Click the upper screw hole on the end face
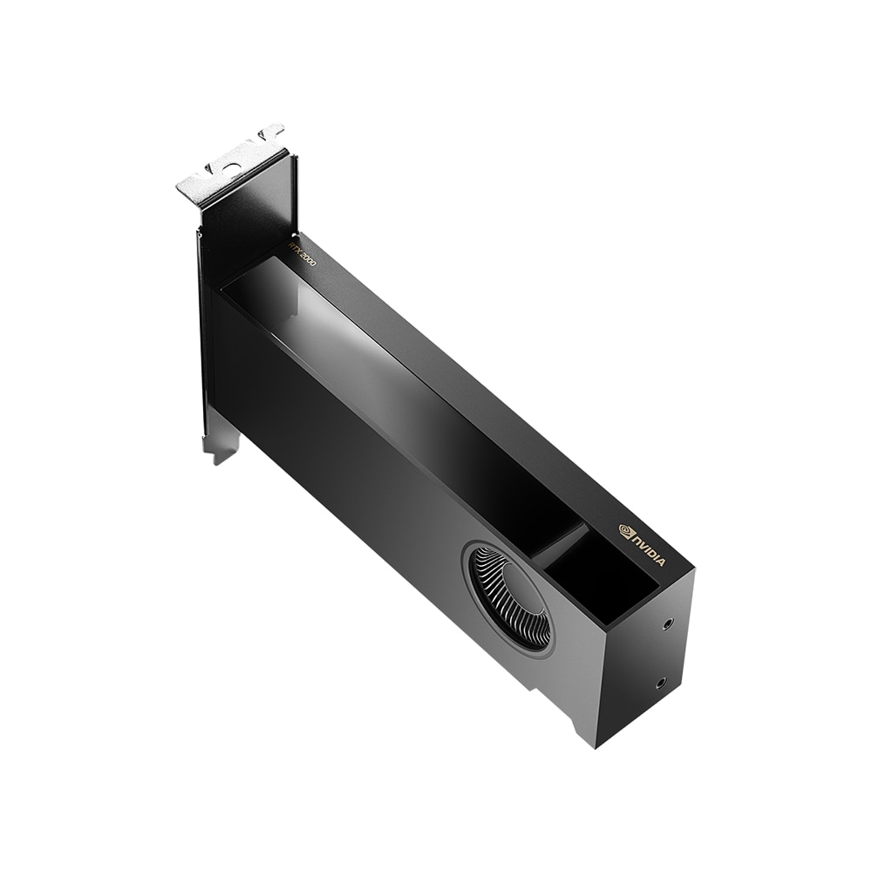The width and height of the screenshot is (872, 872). [x=667, y=623]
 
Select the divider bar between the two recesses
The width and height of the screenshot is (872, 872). [x=558, y=543]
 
